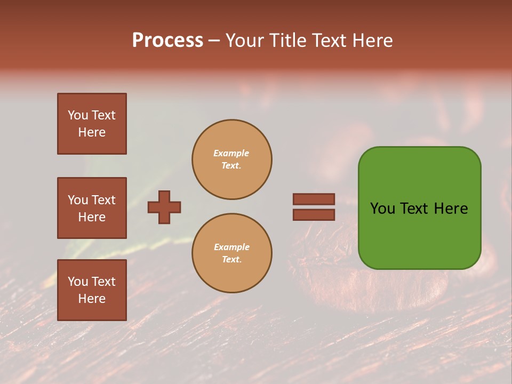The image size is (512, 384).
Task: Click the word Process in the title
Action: (167, 41)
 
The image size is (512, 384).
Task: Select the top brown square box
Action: (92, 124)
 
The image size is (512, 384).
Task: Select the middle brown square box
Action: (92, 208)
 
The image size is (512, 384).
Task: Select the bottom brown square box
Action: (92, 290)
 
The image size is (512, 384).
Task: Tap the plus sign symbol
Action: (164, 207)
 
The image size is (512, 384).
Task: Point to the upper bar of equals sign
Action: (314, 199)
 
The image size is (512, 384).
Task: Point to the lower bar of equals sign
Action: (314, 214)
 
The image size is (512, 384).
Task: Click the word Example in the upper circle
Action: (231, 153)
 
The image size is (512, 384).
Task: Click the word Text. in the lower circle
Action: (231, 259)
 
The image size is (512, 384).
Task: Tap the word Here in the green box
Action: (451, 209)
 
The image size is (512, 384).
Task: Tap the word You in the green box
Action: (383, 209)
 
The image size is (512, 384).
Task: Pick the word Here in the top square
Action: (92, 132)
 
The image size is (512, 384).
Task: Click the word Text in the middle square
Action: (104, 200)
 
